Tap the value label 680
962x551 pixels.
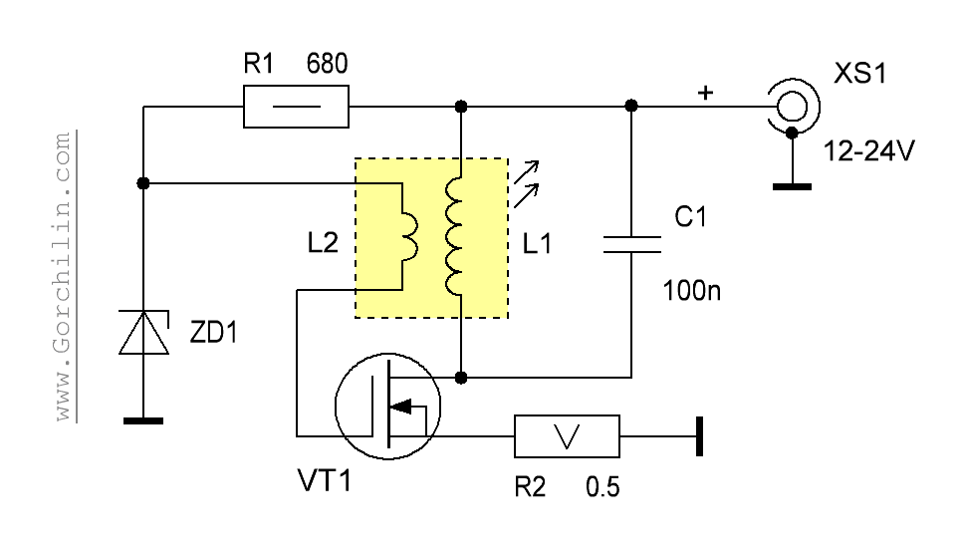coord(327,64)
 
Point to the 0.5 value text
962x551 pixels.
coord(602,487)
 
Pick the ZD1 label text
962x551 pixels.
coord(213,333)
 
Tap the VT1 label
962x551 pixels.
coord(325,480)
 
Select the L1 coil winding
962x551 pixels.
coord(454,237)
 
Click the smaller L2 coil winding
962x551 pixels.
coord(410,237)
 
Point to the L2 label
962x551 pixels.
coord(323,243)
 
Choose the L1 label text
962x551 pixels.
coord(537,244)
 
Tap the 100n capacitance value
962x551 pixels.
coord(691,290)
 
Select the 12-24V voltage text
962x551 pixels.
coord(868,150)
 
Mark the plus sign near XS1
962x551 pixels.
coord(705,93)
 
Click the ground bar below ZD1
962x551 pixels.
coord(143,420)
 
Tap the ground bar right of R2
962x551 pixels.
coord(699,436)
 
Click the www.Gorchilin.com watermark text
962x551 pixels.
coord(63,277)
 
